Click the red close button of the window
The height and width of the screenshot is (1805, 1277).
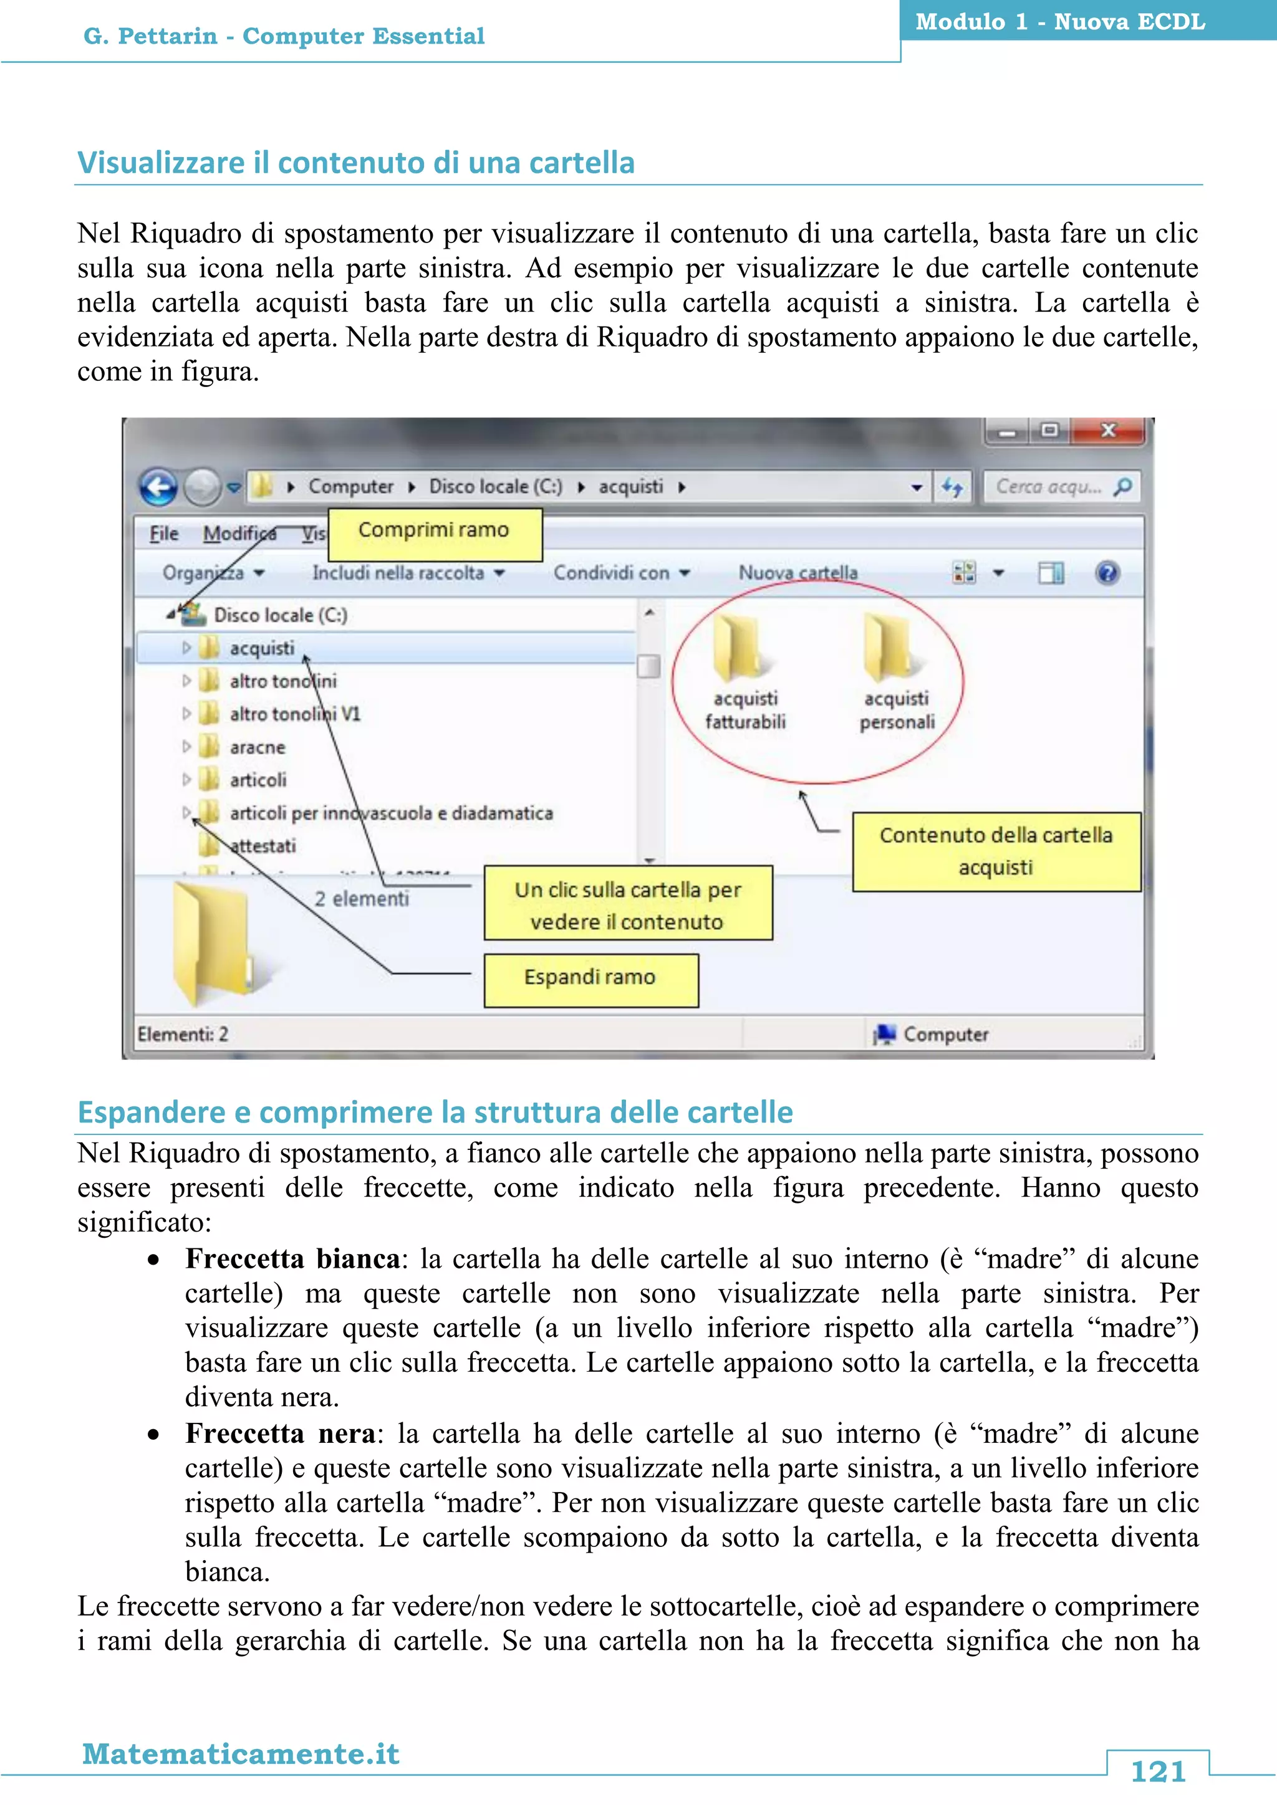tap(1109, 431)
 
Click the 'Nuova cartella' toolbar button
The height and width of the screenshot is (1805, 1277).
tap(798, 573)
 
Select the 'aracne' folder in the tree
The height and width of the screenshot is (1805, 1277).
tap(257, 748)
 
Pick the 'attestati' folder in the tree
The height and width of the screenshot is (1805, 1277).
tap(263, 846)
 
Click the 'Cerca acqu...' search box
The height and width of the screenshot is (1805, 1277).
tap(1048, 487)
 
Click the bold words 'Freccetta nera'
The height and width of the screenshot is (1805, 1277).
tap(280, 1434)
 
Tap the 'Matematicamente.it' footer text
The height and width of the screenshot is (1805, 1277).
tap(241, 1754)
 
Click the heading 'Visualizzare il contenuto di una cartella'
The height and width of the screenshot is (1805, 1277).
tap(355, 163)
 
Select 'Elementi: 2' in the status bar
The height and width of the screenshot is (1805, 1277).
tap(183, 1035)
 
